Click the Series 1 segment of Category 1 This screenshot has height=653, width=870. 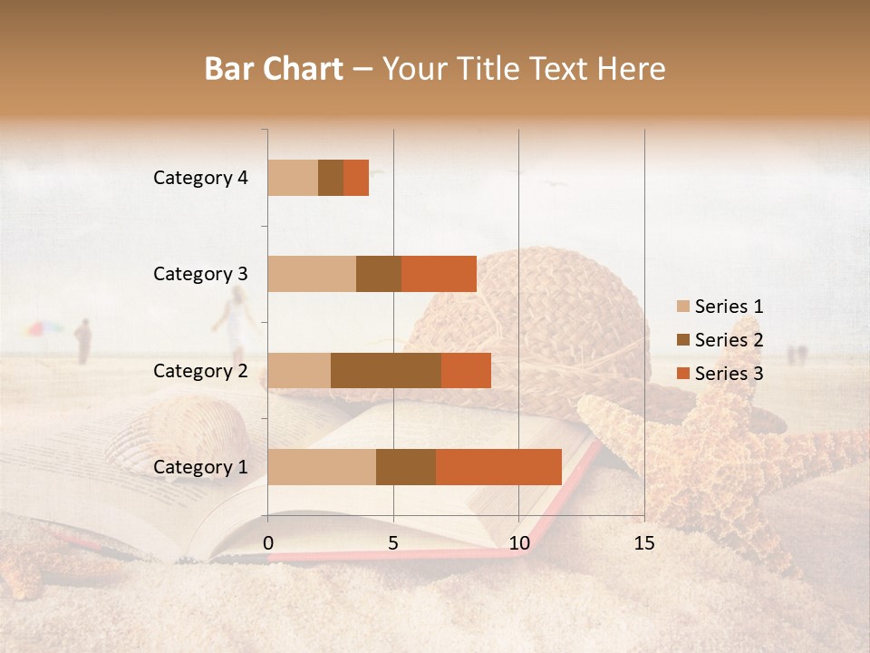tap(322, 467)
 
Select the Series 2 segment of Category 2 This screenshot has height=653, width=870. tap(386, 370)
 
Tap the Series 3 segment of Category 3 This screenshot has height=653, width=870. tap(439, 274)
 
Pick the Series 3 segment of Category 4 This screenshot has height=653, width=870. tap(356, 178)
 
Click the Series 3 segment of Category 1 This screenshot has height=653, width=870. tap(498, 467)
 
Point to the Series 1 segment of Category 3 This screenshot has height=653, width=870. tap(312, 274)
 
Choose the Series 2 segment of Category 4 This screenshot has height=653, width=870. tap(331, 178)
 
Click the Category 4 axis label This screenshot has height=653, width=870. tap(200, 178)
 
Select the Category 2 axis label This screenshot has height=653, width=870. tap(200, 370)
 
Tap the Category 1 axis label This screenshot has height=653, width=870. tap(200, 467)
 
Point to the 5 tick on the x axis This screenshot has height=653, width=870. tap(393, 543)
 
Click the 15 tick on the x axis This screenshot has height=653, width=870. tap(643, 543)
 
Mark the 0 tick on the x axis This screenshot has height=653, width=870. tap(268, 543)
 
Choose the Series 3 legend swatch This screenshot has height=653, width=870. tap(682, 374)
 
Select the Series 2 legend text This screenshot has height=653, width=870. tap(729, 340)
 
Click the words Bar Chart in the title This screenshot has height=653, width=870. tap(274, 69)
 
